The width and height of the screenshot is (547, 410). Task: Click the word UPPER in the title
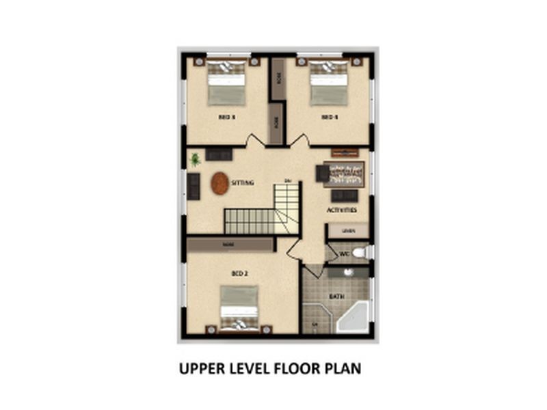coord(200,369)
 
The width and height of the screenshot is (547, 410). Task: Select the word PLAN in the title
coord(343,369)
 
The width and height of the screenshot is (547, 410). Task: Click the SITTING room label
coord(243,183)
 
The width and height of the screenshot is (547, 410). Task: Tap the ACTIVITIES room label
coord(343,210)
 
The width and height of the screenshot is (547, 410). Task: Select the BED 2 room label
coord(239,273)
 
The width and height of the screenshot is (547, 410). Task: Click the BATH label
coord(336,297)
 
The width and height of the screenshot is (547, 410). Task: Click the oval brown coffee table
coord(219,183)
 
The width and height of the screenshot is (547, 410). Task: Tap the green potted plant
coord(196,160)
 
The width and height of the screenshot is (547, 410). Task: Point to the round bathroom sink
coord(349,272)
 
